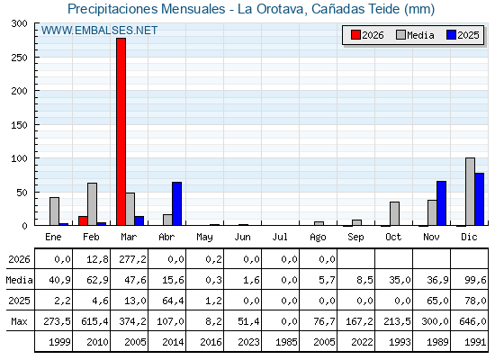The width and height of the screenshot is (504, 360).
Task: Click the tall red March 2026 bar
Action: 121,131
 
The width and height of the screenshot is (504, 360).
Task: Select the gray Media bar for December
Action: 470,192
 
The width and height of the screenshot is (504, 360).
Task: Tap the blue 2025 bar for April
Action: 176,203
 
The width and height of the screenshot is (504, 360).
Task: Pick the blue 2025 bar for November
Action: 441,203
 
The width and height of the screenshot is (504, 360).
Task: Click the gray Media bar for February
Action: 92,204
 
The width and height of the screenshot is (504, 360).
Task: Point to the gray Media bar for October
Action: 394,213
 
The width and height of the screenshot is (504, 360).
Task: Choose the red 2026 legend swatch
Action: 355,35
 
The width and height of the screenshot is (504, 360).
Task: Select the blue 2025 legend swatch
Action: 451,35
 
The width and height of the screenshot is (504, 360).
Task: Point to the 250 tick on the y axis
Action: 19,58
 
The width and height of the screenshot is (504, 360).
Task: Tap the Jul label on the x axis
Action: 280,237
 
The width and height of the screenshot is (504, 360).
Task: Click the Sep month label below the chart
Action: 355,237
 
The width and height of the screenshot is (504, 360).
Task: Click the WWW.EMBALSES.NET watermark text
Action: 99,31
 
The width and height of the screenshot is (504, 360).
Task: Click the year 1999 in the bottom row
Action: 59,342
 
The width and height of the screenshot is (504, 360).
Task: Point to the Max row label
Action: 19,321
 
